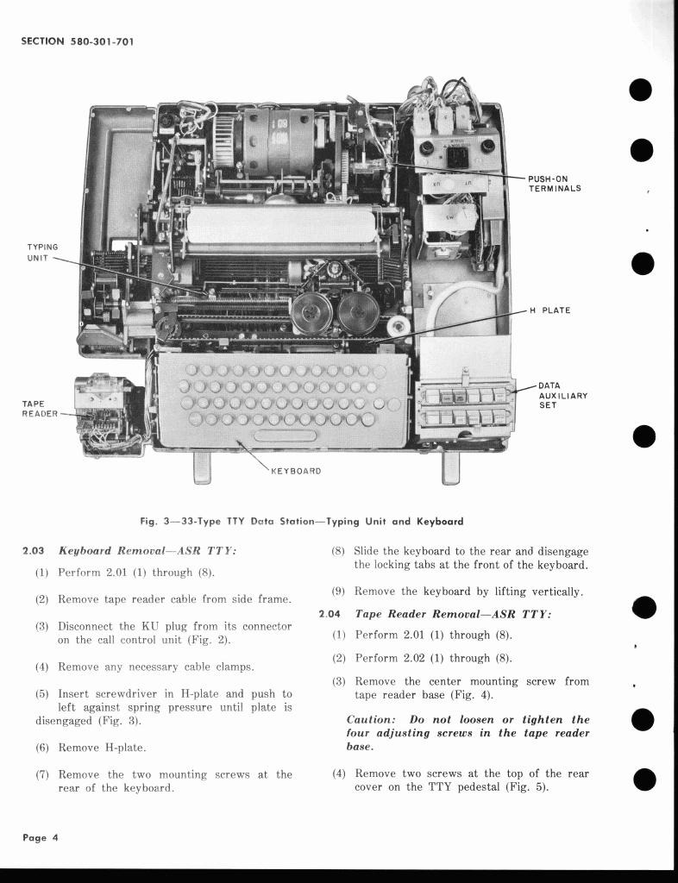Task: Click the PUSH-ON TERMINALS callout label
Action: click(555, 184)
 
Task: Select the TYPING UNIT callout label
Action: click(42, 252)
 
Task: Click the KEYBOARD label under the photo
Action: click(296, 471)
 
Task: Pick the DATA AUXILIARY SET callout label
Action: click(562, 396)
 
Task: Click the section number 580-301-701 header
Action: click(77, 41)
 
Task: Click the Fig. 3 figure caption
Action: click(301, 521)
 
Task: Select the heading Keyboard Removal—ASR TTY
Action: click(148, 550)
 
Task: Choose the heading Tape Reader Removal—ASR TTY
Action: click(453, 614)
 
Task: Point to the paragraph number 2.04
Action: click(330, 614)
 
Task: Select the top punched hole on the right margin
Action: click(640, 90)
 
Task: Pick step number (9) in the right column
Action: click(342, 592)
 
